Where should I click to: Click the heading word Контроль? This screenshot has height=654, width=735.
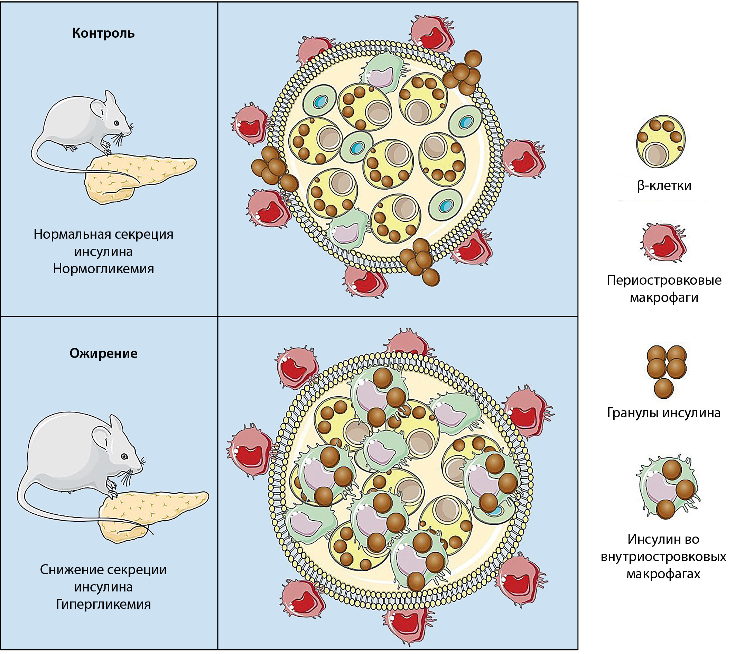click(x=103, y=34)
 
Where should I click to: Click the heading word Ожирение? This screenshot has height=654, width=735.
click(x=103, y=353)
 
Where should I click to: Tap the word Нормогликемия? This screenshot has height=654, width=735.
click(x=103, y=269)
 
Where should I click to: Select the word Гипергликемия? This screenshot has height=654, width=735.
click(x=103, y=604)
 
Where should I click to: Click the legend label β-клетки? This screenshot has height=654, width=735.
click(x=664, y=186)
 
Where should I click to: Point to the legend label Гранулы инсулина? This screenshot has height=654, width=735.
click(x=663, y=413)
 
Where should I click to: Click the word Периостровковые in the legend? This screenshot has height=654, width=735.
click(x=664, y=280)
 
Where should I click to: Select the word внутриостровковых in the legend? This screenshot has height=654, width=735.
click(x=663, y=557)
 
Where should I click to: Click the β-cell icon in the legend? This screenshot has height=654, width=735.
click(x=661, y=142)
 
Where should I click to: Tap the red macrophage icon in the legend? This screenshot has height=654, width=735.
click(x=663, y=243)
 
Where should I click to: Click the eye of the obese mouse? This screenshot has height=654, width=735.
click(x=124, y=457)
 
